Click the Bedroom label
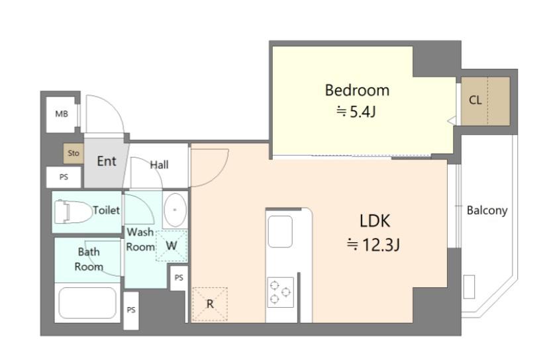point(357,90)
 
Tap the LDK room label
point(374,221)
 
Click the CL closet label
point(475,100)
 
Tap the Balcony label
point(487,210)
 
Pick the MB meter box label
point(62,114)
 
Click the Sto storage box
point(74,154)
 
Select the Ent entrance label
point(107,161)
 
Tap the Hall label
point(159,165)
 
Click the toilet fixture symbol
point(73,211)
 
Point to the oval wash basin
point(175,210)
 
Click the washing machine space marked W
point(172,246)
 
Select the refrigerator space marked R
point(210,304)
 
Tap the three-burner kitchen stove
point(281,292)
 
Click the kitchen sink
point(280,232)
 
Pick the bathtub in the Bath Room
point(87,302)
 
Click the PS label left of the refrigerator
point(179,278)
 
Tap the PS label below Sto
point(64,177)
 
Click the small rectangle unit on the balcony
point(470,287)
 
